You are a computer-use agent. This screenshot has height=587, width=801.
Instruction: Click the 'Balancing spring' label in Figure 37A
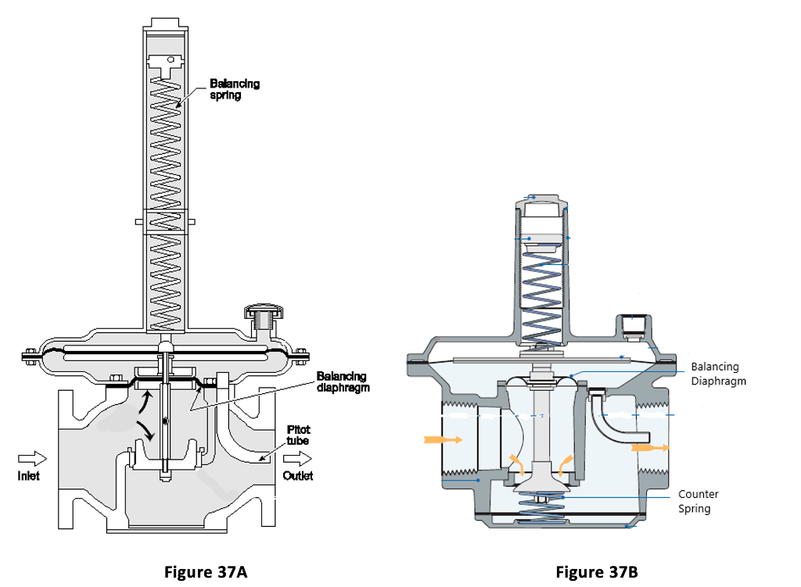tap(235, 88)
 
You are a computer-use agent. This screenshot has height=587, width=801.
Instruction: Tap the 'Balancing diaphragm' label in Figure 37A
tap(343, 381)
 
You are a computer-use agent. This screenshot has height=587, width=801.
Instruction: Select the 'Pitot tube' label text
tap(299, 435)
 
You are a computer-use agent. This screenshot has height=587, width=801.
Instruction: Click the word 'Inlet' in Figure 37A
tap(29, 476)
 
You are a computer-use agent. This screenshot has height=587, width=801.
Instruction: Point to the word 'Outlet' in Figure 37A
tap(297, 476)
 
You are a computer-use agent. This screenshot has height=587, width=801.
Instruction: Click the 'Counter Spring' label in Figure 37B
tap(698, 501)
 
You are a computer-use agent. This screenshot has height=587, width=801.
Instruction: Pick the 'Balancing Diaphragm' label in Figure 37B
tap(718, 374)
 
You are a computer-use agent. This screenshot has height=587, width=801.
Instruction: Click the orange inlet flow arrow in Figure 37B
tap(443, 440)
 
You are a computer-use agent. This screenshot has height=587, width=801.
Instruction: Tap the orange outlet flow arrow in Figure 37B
tap(649, 448)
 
